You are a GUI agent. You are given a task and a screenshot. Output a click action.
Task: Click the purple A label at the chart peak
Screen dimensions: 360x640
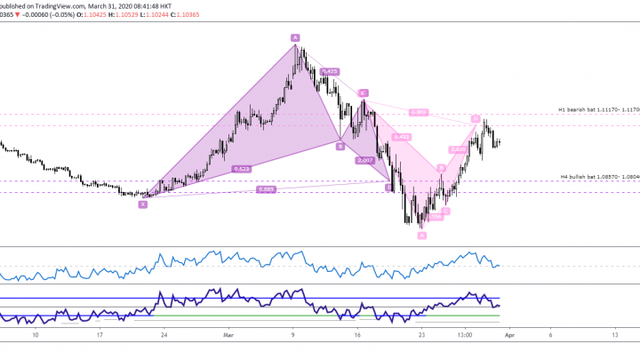point(294,37)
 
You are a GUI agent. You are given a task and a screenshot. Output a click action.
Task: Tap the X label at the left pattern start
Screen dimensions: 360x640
point(142,204)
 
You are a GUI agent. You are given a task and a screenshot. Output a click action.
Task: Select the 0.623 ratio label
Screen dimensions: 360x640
point(241,168)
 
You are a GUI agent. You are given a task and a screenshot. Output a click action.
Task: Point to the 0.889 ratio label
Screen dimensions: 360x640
point(266,188)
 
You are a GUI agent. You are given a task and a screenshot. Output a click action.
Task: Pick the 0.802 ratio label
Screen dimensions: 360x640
point(420,112)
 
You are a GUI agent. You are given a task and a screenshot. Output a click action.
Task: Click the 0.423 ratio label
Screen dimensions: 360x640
point(401,137)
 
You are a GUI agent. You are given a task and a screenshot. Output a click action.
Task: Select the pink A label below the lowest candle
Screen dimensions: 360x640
point(422,236)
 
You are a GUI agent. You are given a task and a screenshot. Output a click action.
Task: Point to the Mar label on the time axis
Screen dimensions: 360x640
point(228,335)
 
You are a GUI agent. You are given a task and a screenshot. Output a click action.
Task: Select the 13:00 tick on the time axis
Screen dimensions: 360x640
point(464,335)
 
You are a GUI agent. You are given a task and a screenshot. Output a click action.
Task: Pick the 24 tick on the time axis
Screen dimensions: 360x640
point(164,335)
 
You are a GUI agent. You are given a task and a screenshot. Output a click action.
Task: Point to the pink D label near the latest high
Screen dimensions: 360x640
point(476,118)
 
